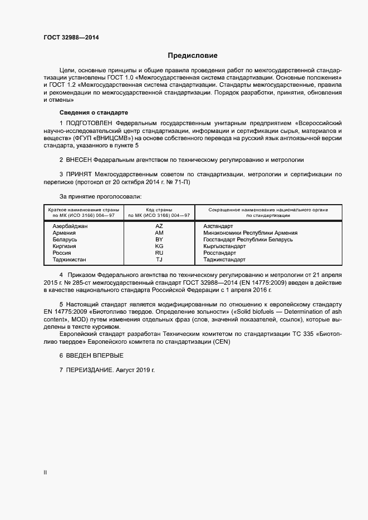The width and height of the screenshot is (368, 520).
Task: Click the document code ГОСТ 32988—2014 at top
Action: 71,38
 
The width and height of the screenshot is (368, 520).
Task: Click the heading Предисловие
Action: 193,56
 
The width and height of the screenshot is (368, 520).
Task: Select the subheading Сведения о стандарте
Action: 86,112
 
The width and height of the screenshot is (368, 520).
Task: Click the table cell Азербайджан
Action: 70,226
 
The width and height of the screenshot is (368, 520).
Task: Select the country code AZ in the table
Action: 159,226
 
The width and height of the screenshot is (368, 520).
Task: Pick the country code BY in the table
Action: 159,240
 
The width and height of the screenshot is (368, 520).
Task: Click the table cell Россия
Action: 62,253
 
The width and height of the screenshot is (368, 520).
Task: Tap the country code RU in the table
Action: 159,253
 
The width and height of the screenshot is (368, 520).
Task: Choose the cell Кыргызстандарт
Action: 224,246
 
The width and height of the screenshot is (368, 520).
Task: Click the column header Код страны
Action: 159,210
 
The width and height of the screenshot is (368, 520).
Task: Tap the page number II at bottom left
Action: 45,473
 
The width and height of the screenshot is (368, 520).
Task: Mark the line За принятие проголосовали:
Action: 100,196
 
